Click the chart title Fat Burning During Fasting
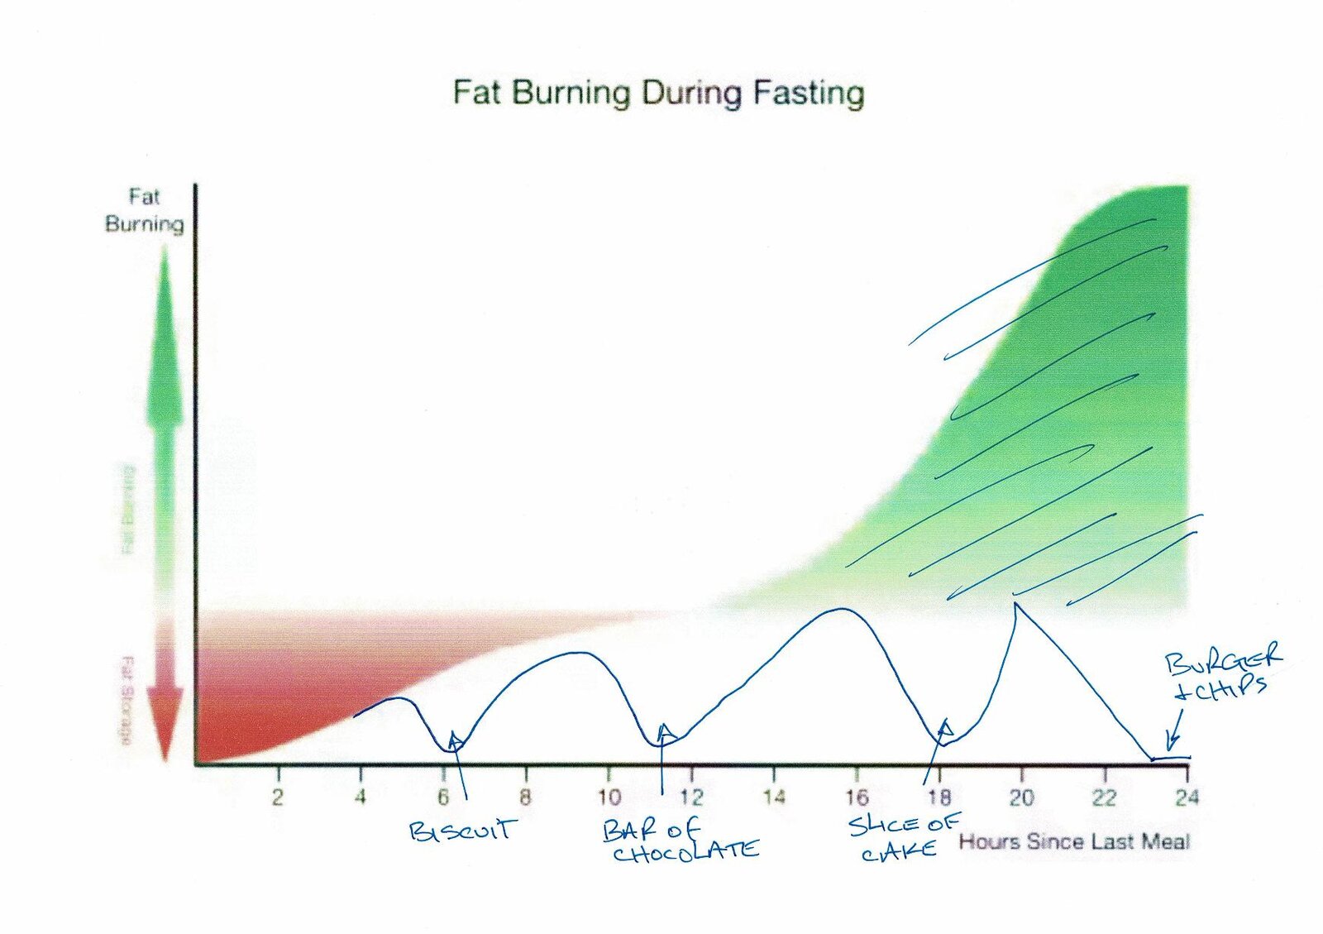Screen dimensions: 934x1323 [x=658, y=92]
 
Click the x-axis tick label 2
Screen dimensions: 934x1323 [x=278, y=797]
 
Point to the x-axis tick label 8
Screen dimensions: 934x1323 [x=525, y=797]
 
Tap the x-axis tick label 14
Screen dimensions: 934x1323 [x=773, y=797]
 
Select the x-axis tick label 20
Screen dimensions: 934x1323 [x=1021, y=797]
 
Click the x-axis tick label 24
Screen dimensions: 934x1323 [x=1187, y=797]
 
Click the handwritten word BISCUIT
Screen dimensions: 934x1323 [x=463, y=830]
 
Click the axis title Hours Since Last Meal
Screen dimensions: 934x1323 [x=1073, y=842]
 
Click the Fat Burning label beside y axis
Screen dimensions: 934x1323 [x=144, y=210]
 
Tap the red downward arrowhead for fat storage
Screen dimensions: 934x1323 [x=165, y=728]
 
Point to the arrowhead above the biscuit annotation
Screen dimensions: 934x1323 [x=454, y=737]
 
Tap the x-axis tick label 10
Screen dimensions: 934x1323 [x=609, y=797]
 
